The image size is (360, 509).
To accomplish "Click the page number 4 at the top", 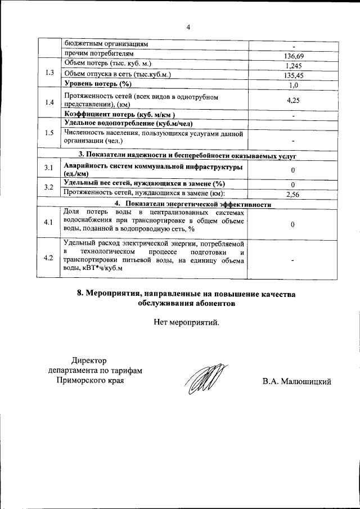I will point(188,27).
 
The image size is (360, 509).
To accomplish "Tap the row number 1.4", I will point(49,102).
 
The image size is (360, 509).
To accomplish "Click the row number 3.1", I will point(49,169).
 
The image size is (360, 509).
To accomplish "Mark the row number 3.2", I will point(49,187).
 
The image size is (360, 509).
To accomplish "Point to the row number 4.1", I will point(49,223).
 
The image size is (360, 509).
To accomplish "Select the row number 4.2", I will point(49,258).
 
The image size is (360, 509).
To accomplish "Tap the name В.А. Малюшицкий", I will point(296,382).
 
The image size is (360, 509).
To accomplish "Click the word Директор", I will point(89,361).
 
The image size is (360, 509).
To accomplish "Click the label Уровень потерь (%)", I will point(97,84).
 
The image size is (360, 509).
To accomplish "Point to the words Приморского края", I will point(90,381).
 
